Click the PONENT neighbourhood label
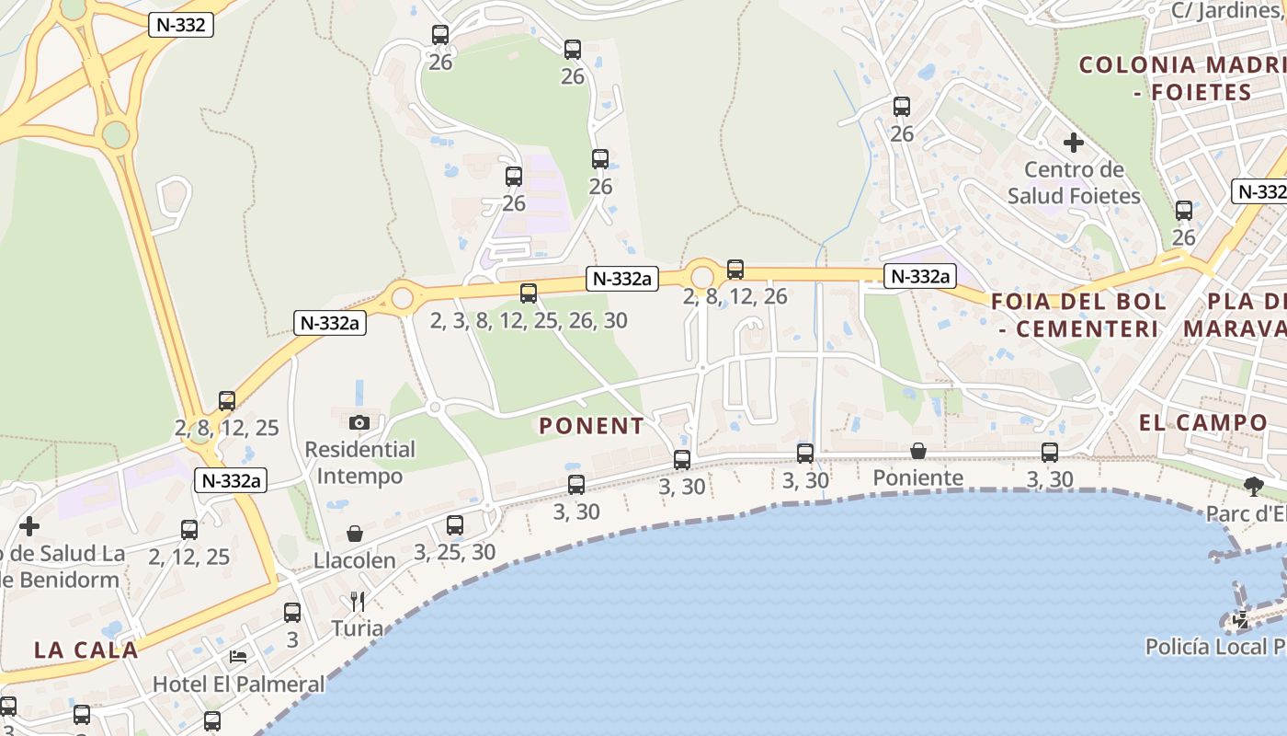(x=591, y=426)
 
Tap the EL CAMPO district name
(x=1203, y=423)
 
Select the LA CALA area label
(x=86, y=650)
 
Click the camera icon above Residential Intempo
(x=359, y=422)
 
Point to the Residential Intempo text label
(x=359, y=463)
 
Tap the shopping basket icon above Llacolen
(x=355, y=534)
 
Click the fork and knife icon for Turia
(x=358, y=602)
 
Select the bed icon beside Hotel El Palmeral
(x=237, y=657)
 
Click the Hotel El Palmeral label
(x=239, y=684)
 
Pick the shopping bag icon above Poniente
(x=917, y=451)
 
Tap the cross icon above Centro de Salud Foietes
(x=1073, y=143)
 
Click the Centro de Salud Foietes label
(x=1074, y=183)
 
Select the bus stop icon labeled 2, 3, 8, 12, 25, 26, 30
(x=529, y=293)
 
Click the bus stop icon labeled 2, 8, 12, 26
(x=735, y=270)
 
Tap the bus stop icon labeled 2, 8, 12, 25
(x=227, y=401)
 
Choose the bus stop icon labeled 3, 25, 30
(x=455, y=525)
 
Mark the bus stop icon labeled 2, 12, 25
(x=189, y=530)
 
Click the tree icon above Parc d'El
(x=1252, y=486)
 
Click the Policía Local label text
(x=1214, y=647)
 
